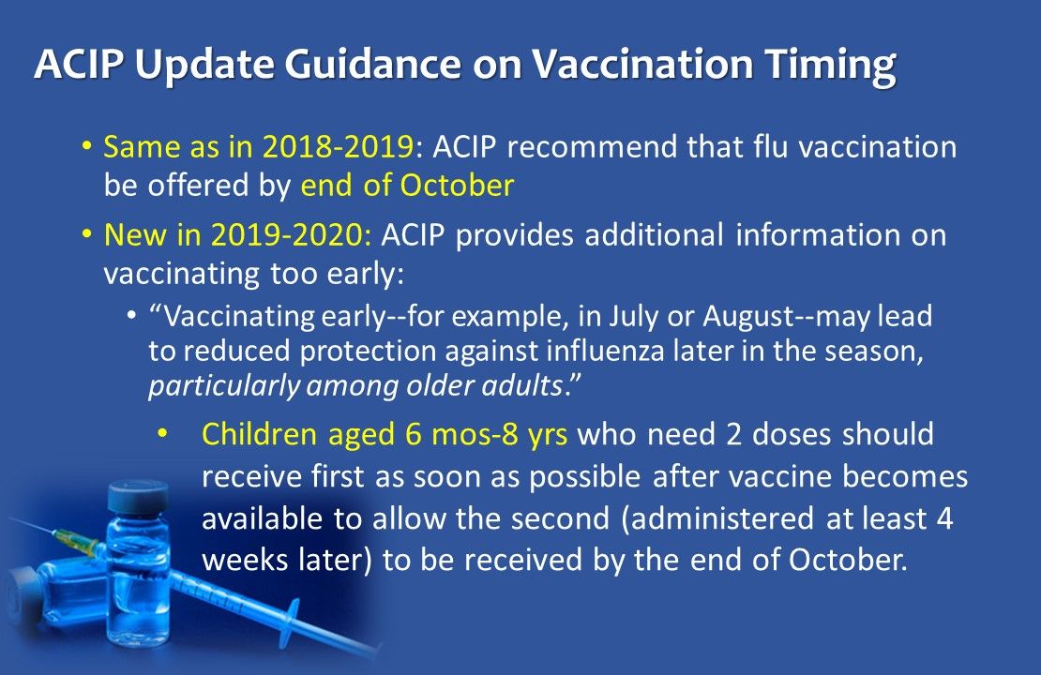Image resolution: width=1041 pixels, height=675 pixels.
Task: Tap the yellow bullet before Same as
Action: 86,147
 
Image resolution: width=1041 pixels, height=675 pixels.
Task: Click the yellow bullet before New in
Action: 86,234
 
